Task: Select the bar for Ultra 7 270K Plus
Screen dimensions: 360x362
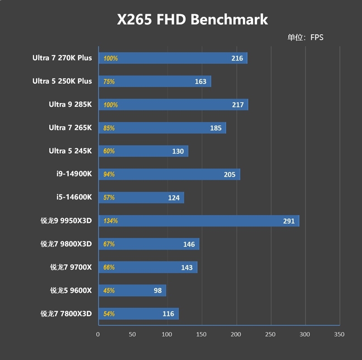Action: (172, 58)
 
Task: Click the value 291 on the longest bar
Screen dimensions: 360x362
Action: (289, 221)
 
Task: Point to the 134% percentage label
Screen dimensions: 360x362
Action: (110, 221)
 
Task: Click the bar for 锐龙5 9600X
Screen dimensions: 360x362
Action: (131, 290)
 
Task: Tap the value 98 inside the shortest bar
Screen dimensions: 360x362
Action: (157, 290)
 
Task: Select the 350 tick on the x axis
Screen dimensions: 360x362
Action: (339, 335)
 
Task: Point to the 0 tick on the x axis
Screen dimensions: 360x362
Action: (98, 335)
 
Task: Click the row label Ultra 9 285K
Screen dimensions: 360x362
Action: (70, 104)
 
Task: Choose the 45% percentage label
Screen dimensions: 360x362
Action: (109, 291)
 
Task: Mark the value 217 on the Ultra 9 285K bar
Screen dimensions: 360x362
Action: (238, 105)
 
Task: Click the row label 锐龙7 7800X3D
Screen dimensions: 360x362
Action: (66, 313)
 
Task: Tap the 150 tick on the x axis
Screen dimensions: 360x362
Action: (201, 335)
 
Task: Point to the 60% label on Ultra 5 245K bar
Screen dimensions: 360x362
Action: (109, 151)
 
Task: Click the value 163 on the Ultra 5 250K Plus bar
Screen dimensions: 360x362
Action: (200, 81)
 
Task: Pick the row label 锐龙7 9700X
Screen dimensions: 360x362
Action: (71, 267)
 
